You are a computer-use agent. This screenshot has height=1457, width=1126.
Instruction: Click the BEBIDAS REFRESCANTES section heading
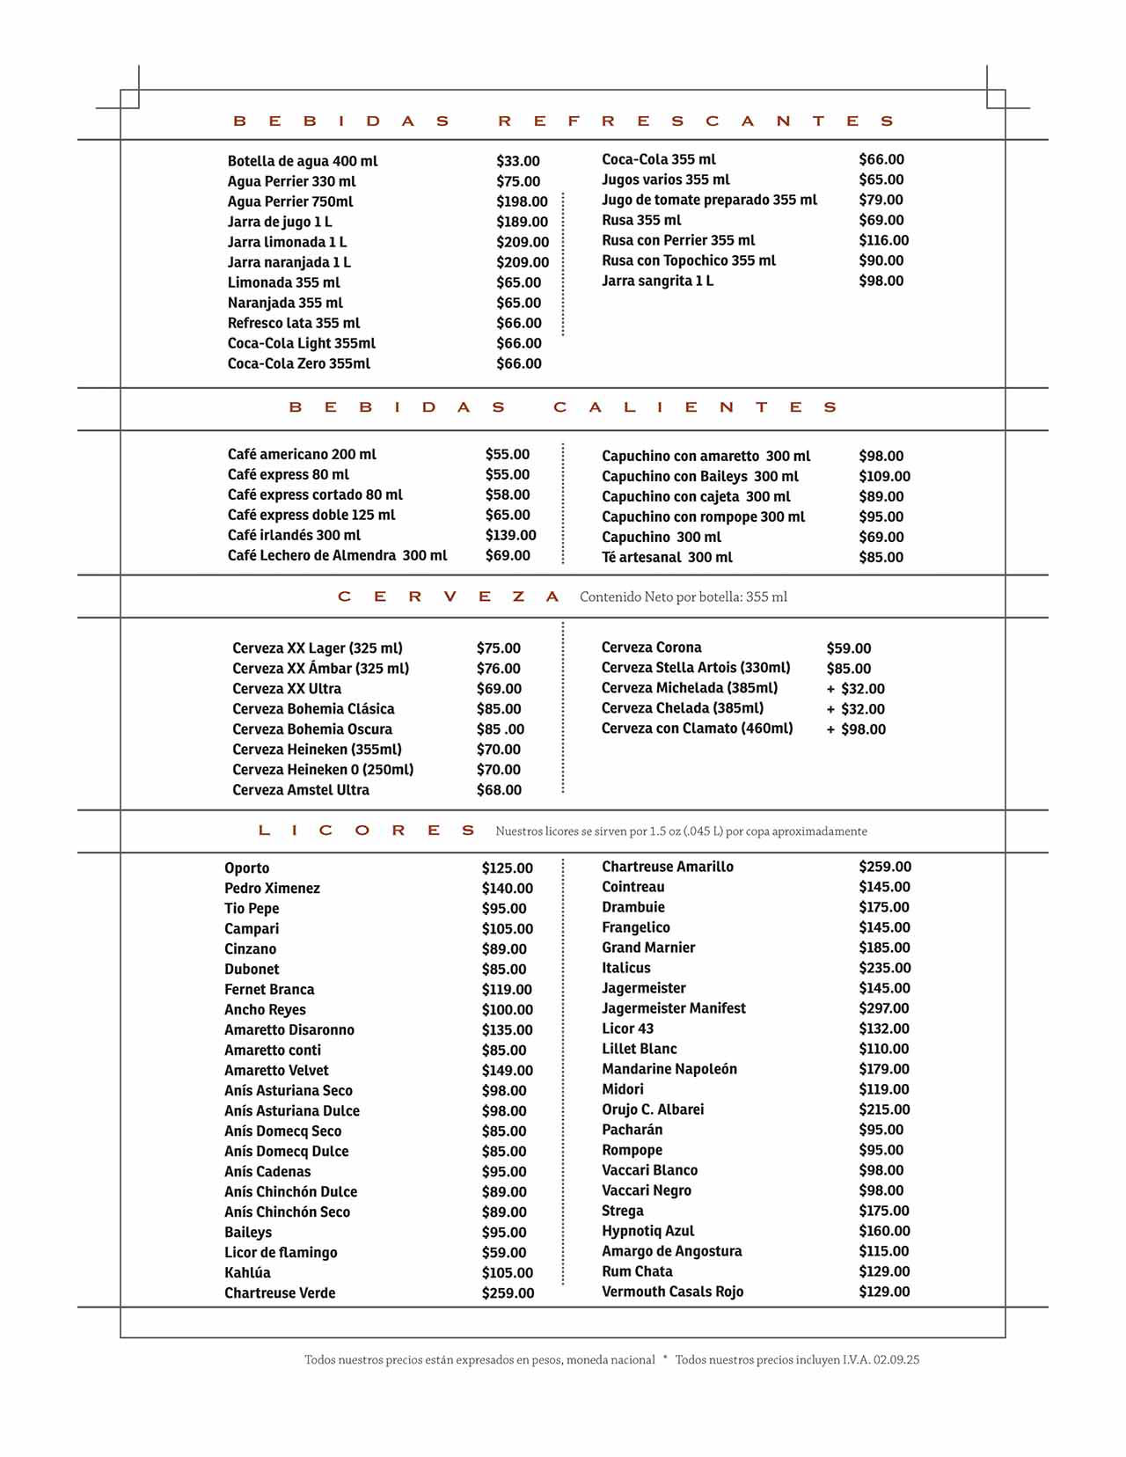[x=563, y=121]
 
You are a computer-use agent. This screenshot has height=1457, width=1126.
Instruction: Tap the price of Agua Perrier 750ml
[x=522, y=201]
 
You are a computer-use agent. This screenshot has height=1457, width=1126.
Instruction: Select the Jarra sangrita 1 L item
[x=657, y=281]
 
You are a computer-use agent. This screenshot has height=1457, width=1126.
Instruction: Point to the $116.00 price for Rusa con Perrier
[x=883, y=240]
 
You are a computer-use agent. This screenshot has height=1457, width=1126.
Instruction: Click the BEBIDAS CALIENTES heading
[x=563, y=407]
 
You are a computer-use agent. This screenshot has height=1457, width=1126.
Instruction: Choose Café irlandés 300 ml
[x=294, y=535]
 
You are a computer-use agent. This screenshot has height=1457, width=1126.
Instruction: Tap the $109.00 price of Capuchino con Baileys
[x=884, y=476]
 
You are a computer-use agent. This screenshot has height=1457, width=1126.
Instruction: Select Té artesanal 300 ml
[x=667, y=557]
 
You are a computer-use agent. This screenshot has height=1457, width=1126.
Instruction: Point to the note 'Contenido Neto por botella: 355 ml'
[x=683, y=597]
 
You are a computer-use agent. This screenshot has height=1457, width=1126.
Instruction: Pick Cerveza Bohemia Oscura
[x=312, y=728]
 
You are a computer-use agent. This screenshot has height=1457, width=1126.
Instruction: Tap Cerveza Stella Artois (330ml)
[x=696, y=667]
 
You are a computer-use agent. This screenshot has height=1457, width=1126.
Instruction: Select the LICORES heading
[x=366, y=831]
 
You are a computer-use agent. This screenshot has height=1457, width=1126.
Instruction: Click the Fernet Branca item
[x=269, y=989]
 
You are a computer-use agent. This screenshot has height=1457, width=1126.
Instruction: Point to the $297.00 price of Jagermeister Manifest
[x=883, y=1008]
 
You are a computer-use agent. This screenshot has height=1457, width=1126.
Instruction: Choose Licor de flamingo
[x=281, y=1252]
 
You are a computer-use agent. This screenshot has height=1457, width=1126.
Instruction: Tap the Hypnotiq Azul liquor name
[x=647, y=1231]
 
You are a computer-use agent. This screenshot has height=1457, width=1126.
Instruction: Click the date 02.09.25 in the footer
[x=896, y=1359]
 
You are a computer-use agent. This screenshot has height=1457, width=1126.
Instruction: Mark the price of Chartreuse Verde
[x=508, y=1292]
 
